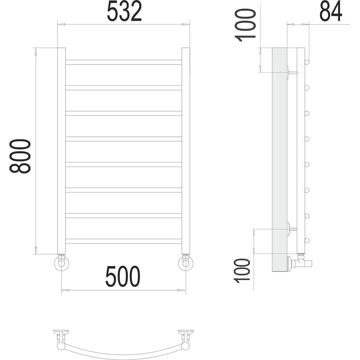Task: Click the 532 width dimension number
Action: pyautogui.click(x=124, y=11)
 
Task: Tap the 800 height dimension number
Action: pyautogui.click(x=20, y=156)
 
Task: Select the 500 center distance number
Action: pyautogui.click(x=123, y=276)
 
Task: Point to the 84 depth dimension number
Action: pyautogui.click(x=331, y=11)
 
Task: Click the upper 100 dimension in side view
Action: pyautogui.click(x=245, y=25)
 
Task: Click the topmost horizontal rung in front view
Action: pyautogui.click(x=124, y=62)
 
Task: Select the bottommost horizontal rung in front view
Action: pyautogui.click(x=124, y=241)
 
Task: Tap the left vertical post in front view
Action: pyautogui.click(x=61, y=150)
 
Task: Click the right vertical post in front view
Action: pyautogui.click(x=186, y=150)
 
